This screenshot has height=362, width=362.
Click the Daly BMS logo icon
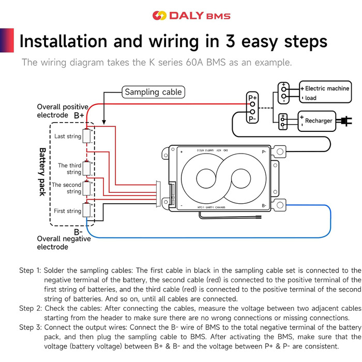point(159,16)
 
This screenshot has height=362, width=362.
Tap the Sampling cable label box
point(154,92)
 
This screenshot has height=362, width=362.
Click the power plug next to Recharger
point(342,121)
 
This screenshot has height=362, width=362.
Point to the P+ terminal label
point(252,98)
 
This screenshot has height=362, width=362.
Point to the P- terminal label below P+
point(252,119)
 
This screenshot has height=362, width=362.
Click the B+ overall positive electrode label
point(79,115)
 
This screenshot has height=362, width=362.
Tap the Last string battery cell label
point(68,137)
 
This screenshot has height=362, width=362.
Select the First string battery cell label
point(67,211)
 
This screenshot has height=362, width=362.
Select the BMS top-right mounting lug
point(280,152)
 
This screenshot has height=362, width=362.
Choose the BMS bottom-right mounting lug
point(280,205)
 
